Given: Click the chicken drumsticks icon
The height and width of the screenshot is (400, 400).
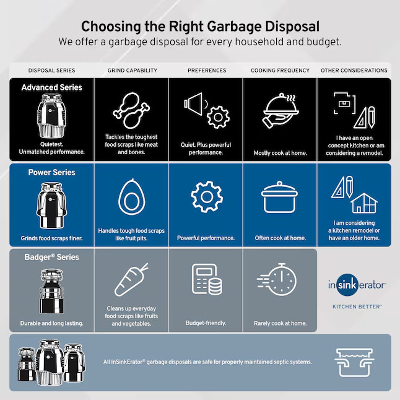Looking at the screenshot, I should pos(131,110).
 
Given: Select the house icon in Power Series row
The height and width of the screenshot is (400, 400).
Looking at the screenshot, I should pos(364,202).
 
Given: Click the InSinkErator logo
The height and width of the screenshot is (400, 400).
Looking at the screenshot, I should pos(357,285).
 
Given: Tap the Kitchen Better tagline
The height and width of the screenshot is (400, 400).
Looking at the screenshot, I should pos(357,306).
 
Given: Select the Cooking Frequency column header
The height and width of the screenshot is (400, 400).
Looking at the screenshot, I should pos(280,71).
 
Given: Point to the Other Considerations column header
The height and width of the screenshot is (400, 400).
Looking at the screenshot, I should pos(354,71).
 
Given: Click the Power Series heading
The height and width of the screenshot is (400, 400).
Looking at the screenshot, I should pos(52,172).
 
